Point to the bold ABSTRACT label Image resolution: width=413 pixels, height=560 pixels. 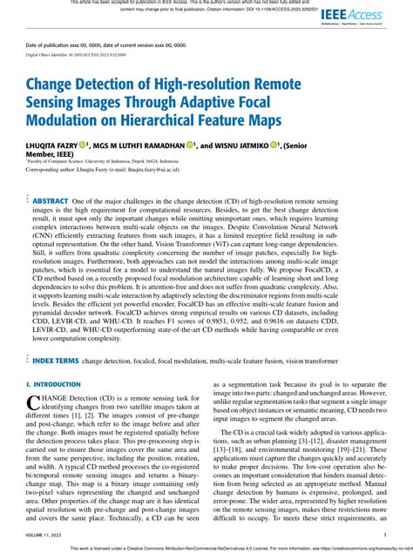tap(51, 201)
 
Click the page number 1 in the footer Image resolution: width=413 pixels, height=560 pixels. tap(384, 536)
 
